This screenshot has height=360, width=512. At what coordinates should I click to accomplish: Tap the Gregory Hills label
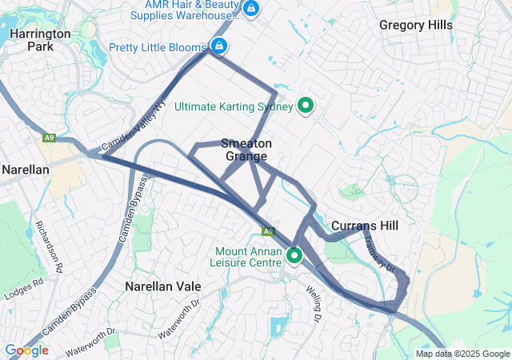tap(415, 25)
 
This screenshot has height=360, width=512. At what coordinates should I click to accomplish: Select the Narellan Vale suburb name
tap(162, 286)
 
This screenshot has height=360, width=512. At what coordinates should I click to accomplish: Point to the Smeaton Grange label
tap(246, 150)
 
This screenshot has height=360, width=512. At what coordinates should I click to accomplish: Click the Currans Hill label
tap(365, 226)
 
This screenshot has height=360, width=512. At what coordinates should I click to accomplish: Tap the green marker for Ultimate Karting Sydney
tap(305, 106)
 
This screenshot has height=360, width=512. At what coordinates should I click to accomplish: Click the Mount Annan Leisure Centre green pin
tap(294, 257)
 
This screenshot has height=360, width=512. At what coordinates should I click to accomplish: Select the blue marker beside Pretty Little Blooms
tap(218, 46)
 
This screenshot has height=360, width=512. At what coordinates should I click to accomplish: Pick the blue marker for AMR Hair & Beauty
tap(251, 9)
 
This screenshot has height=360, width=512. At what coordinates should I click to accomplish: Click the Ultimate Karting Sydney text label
tap(235, 106)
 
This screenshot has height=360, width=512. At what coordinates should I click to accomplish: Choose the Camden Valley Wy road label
tap(131, 128)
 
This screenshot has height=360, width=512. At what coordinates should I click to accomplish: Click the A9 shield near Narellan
tap(50, 138)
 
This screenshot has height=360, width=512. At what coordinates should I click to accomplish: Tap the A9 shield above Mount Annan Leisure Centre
tap(270, 231)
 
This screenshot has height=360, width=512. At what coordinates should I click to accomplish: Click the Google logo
tap(26, 350)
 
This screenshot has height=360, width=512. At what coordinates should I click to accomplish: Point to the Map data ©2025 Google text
tap(462, 354)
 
